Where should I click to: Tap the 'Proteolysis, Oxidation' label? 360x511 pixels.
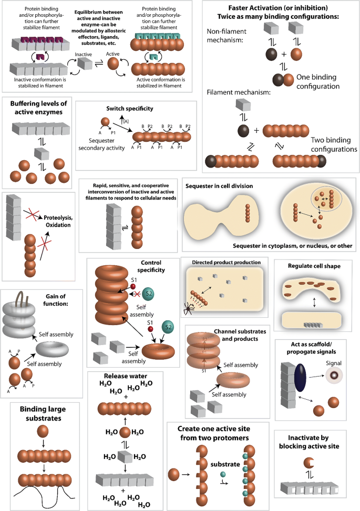[x=58, y=222]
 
